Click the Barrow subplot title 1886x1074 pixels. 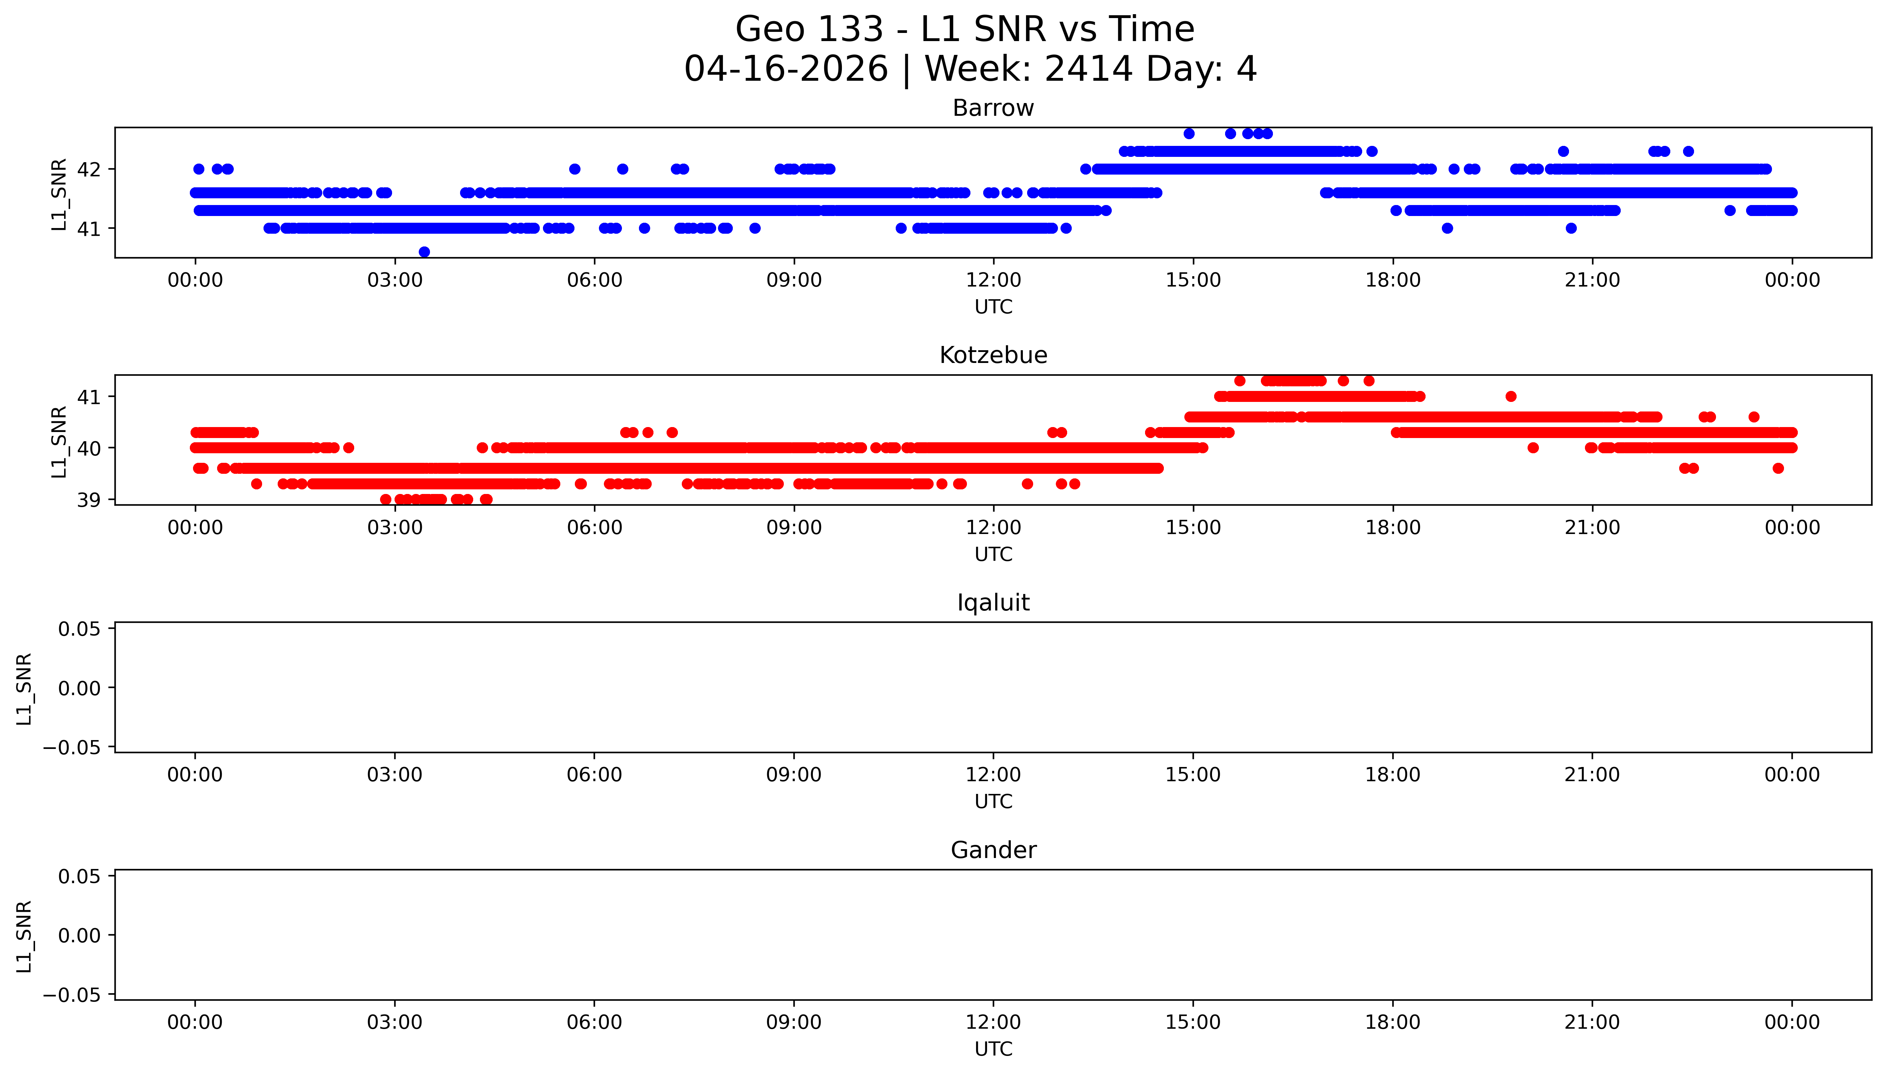[993, 108]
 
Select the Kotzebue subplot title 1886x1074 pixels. [993, 356]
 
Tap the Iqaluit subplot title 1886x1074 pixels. [993, 603]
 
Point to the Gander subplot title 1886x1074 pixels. [993, 851]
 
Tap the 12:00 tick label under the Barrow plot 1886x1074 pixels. [993, 280]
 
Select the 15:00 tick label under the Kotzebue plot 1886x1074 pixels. [1193, 527]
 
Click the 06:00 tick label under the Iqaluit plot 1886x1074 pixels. [594, 774]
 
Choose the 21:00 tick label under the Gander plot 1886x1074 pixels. [1592, 1022]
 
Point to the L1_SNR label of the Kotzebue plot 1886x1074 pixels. [59, 441]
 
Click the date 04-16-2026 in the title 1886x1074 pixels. [786, 69]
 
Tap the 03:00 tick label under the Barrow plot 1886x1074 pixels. [395, 280]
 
